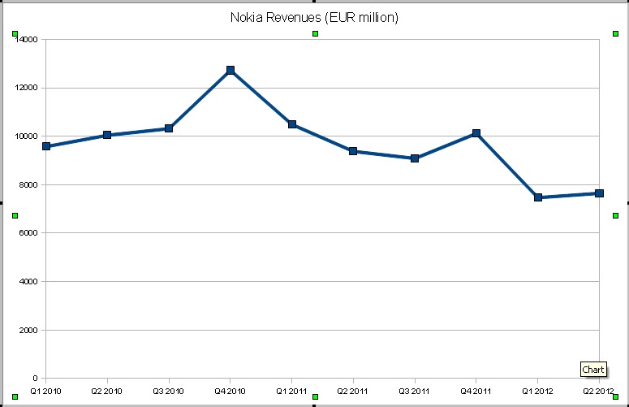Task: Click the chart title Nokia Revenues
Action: [314, 17]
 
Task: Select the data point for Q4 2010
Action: [230, 71]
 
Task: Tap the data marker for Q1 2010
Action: [46, 146]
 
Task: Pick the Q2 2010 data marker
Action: [107, 135]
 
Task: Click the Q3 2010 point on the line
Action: [169, 128]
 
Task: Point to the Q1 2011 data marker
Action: [292, 124]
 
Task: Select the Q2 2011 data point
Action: [353, 151]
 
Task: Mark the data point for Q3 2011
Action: [415, 158]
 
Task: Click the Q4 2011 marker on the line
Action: [476, 133]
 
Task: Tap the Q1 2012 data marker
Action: [537, 197]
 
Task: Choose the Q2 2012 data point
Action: [599, 193]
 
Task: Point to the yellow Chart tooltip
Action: [593, 370]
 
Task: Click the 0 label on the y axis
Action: [34, 379]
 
